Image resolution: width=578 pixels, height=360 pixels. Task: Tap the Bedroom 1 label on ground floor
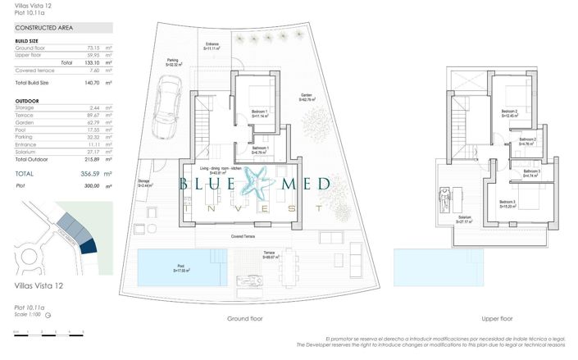click(260, 112)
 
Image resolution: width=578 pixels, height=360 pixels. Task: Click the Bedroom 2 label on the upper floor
click(510, 112)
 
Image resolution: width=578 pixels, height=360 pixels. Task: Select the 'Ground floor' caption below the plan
click(245, 318)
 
